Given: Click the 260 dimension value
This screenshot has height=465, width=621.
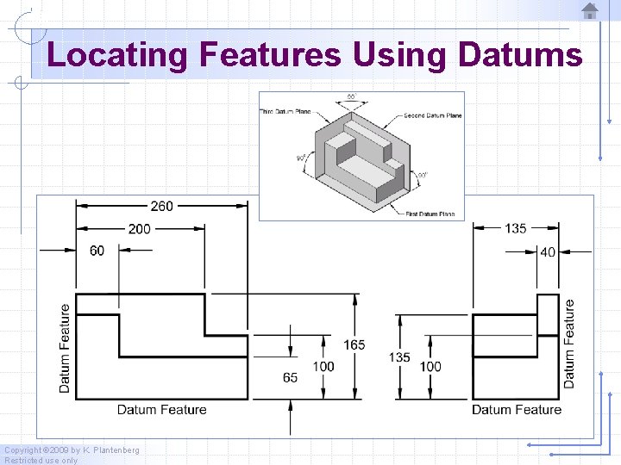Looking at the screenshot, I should pyautogui.click(x=162, y=206).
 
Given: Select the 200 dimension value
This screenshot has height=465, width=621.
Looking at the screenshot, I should pyautogui.click(x=140, y=228).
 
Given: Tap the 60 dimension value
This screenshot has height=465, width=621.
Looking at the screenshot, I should pyautogui.click(x=97, y=251).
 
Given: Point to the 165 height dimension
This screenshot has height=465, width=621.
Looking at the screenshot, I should pyautogui.click(x=354, y=344).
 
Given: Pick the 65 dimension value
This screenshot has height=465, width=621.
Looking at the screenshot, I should pyautogui.click(x=291, y=377).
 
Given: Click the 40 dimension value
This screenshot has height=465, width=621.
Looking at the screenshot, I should pyautogui.click(x=548, y=251).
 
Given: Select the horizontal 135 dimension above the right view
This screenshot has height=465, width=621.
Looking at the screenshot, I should pyautogui.click(x=516, y=228).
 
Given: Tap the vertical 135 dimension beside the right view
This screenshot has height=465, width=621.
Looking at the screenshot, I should pyautogui.click(x=398, y=357).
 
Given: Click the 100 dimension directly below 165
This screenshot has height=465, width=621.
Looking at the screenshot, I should pyautogui.click(x=323, y=366).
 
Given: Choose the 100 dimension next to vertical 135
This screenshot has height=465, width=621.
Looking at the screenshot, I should pyautogui.click(x=430, y=366).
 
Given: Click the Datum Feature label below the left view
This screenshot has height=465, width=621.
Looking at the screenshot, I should pyautogui.click(x=162, y=410).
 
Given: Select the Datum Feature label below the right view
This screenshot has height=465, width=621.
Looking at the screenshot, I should pyautogui.click(x=517, y=410).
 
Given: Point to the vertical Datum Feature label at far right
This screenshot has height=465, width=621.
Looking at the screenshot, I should pyautogui.click(x=569, y=343).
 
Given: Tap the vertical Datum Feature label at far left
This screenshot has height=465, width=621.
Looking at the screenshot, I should pyautogui.click(x=66, y=349).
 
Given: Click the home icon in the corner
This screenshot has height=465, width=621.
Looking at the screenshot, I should pyautogui.click(x=590, y=11).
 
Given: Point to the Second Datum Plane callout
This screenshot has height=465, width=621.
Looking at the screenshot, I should pyautogui.click(x=432, y=115).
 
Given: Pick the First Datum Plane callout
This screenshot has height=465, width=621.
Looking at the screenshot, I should pyautogui.click(x=430, y=214).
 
